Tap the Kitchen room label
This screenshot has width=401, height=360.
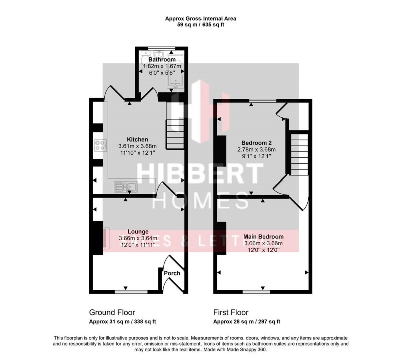pos(137,139)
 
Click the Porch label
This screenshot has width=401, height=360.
pos(172,273)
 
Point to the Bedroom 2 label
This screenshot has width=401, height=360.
pos(256,142)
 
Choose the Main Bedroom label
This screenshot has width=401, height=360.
pos(263,237)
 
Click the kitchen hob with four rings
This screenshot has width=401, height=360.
pos(100,146)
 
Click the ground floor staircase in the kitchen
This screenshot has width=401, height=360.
pos(175,132)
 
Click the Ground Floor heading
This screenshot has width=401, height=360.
pos(112,312)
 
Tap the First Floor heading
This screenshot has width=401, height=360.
pos(231,312)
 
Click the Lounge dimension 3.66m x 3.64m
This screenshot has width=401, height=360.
pos(138,238)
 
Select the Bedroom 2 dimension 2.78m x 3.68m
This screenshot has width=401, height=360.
pos(256,149)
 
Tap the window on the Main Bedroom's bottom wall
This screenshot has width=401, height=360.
pos(256,291)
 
